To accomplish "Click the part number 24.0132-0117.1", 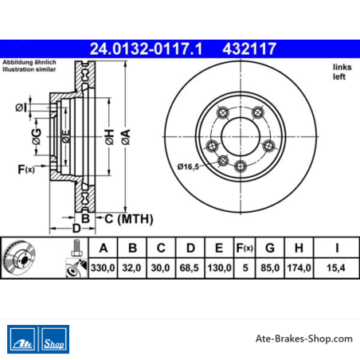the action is coord(146,49).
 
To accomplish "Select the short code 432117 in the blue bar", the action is coord(249,49).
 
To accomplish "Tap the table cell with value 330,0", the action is coord(103,268).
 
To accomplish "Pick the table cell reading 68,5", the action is coord(189,268).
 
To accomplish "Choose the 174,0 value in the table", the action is coord(299,268).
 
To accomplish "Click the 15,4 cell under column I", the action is coord(336,268).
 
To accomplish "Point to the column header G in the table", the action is coord(270,248).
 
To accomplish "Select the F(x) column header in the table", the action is coord(245,248).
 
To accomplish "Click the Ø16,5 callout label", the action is coord(188,166).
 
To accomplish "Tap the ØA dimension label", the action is coord(126,137).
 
